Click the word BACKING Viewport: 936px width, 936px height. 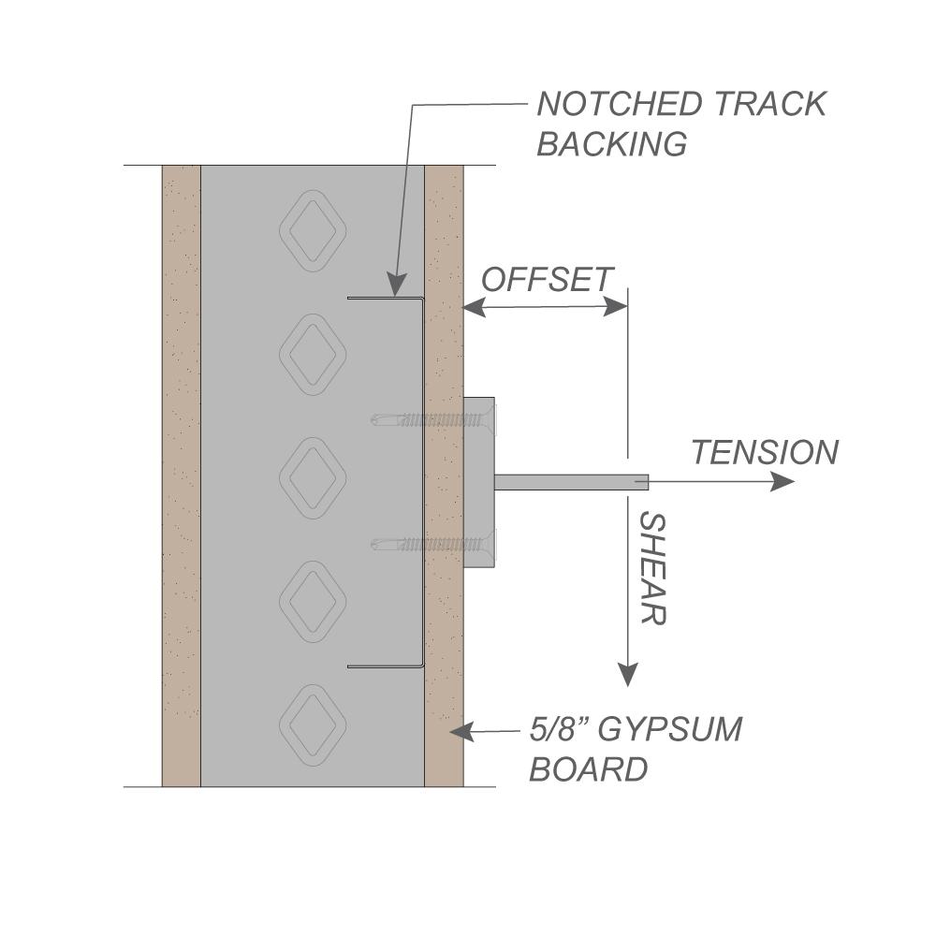click(x=612, y=144)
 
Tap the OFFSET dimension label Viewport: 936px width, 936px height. click(x=548, y=279)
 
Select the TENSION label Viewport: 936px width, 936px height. click(x=765, y=453)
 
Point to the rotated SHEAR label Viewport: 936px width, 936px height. click(x=651, y=568)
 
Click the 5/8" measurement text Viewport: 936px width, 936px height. click(x=558, y=728)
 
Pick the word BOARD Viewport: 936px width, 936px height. click(x=589, y=769)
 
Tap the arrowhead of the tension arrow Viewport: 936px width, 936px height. click(x=782, y=482)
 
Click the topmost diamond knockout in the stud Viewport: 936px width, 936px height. click(x=313, y=229)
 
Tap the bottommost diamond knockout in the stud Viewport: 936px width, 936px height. click(x=313, y=724)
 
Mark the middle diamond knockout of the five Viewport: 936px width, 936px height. click(x=313, y=476)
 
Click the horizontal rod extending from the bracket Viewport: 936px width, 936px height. click(x=571, y=482)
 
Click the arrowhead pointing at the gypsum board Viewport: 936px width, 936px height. click(x=461, y=731)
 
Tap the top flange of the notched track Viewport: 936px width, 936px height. click(x=384, y=299)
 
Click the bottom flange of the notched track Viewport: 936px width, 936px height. click(x=384, y=666)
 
